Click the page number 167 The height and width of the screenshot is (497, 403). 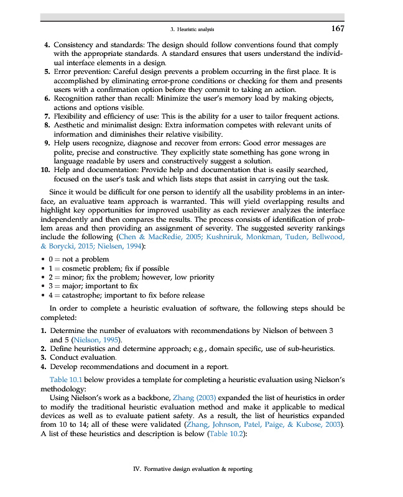338,29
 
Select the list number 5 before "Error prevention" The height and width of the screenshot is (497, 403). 47,72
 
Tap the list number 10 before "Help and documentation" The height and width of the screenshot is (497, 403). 45,168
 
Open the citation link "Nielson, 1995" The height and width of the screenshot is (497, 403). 96,340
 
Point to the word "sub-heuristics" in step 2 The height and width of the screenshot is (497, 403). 312,349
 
